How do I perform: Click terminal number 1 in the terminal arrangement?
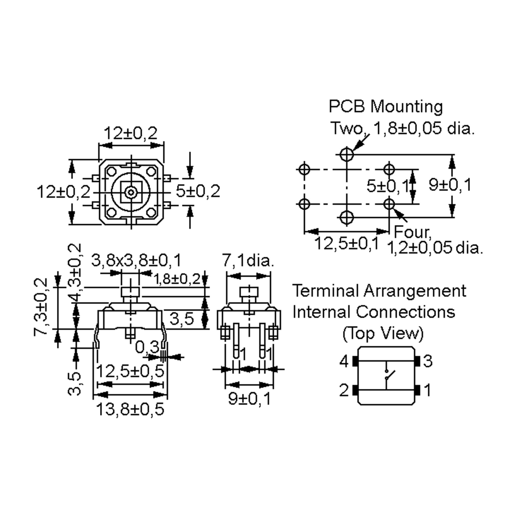click(428, 390)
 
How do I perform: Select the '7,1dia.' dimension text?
click(248, 260)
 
